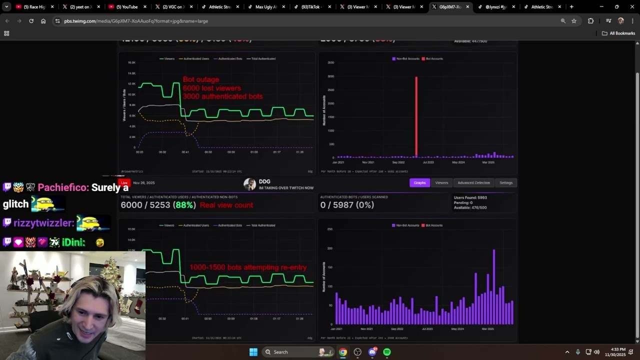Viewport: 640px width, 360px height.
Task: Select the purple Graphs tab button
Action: [x=419, y=182]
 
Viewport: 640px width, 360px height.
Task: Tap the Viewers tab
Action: [x=441, y=182]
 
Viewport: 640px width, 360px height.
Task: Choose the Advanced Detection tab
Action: [x=473, y=182]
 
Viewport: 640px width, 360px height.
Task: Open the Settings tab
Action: [x=506, y=182]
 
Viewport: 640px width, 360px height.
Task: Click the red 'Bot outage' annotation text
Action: [x=201, y=79]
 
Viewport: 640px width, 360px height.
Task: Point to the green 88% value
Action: [x=184, y=205]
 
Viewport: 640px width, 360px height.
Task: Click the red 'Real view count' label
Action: [x=226, y=205]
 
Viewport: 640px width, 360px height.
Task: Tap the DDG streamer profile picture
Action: [x=249, y=184]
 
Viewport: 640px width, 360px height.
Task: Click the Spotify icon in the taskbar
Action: [x=387, y=352]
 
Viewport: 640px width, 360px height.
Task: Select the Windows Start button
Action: [x=253, y=352]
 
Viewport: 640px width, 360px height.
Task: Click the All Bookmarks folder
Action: [x=618, y=33]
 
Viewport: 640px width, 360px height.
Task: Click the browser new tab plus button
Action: [x=571, y=7]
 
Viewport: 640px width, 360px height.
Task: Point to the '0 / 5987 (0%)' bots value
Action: [x=347, y=205]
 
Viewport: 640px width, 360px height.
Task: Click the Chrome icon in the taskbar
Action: [x=343, y=352]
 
